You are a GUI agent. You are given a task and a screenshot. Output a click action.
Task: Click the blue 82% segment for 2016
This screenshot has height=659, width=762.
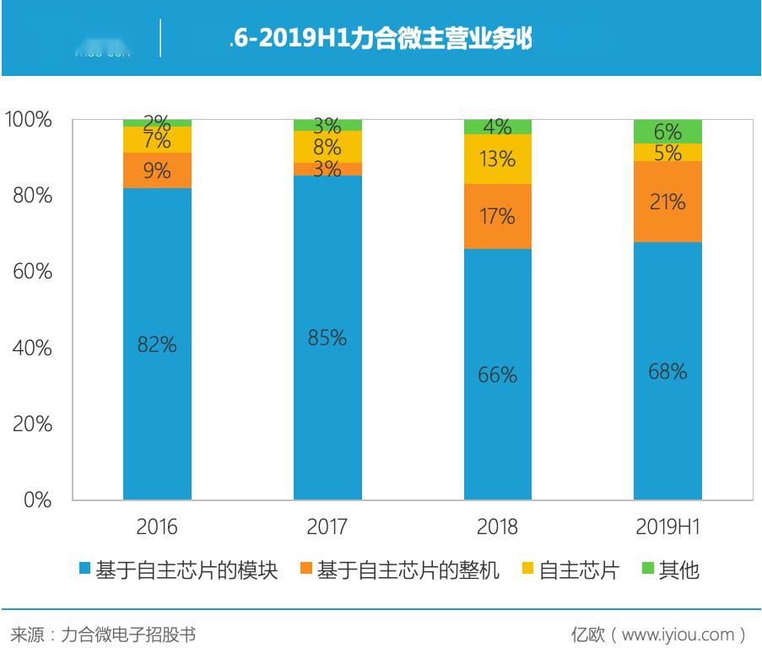pyautogui.click(x=157, y=343)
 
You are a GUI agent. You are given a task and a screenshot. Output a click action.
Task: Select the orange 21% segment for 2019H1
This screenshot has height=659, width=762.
pyautogui.click(x=667, y=202)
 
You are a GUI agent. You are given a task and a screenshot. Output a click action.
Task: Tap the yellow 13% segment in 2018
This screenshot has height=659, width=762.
pyautogui.click(x=497, y=159)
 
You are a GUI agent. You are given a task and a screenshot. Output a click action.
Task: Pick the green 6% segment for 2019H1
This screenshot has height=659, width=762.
pyautogui.click(x=667, y=132)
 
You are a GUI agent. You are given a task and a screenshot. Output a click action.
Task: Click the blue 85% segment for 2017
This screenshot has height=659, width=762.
pyautogui.click(x=327, y=338)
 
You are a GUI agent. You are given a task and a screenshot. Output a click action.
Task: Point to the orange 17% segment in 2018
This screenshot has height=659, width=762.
pyautogui.click(x=497, y=216)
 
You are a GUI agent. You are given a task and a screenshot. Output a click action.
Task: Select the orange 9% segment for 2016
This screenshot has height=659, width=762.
pyautogui.click(x=157, y=170)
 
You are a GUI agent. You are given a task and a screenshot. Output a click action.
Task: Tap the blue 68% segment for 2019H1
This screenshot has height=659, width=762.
pyautogui.click(x=667, y=370)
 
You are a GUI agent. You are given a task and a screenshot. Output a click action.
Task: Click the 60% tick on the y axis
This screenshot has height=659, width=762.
pyautogui.click(x=33, y=272)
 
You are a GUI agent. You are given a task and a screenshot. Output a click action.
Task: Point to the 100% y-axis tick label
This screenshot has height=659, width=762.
pyautogui.click(x=29, y=120)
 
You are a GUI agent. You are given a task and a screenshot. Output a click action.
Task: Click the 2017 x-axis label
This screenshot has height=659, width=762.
pyautogui.click(x=327, y=527)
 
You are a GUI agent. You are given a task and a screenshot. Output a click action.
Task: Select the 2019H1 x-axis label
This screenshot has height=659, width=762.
pyautogui.click(x=667, y=527)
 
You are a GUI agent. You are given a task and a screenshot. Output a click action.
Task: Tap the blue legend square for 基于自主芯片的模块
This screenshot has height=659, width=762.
pyautogui.click(x=84, y=570)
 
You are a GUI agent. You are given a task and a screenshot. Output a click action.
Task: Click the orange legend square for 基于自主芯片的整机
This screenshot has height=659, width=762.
pyautogui.click(x=305, y=570)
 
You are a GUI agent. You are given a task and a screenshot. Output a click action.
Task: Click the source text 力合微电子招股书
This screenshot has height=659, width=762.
pyautogui.click(x=127, y=635)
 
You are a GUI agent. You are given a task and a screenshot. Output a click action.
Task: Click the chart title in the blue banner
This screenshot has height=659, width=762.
pyautogui.click(x=381, y=39)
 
